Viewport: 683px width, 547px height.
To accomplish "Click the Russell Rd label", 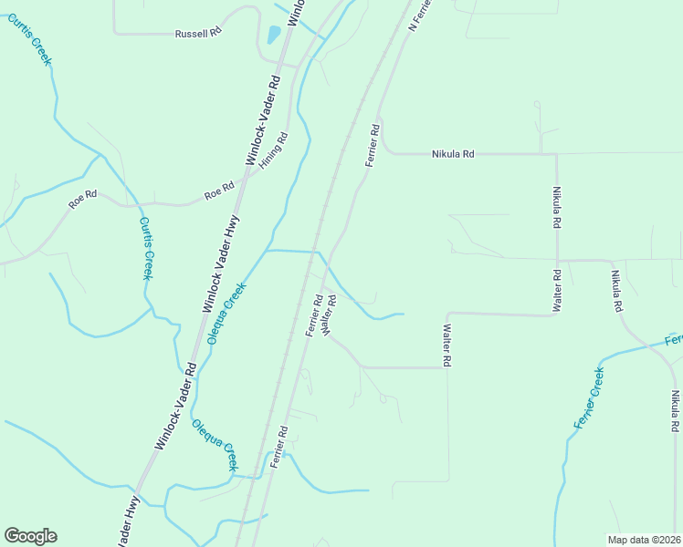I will pyautogui.click(x=198, y=33).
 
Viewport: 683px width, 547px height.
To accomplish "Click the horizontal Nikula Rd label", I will pyautogui.click(x=453, y=154).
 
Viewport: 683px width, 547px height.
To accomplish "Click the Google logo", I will pyautogui.click(x=30, y=536).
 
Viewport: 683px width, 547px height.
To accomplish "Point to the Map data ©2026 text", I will pyautogui.click(x=643, y=539).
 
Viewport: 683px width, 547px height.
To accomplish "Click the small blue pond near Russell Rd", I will pyautogui.click(x=273, y=36).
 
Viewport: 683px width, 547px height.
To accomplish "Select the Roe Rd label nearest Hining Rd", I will pyautogui.click(x=219, y=193).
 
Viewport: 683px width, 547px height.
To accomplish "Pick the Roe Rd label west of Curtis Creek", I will pyautogui.click(x=82, y=200).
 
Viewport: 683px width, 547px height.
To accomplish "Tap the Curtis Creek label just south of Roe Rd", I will pyautogui.click(x=146, y=248).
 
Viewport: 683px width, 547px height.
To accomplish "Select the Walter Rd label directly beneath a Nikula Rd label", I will pyautogui.click(x=556, y=289).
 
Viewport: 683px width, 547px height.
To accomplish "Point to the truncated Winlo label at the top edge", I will pyautogui.click(x=296, y=12).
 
